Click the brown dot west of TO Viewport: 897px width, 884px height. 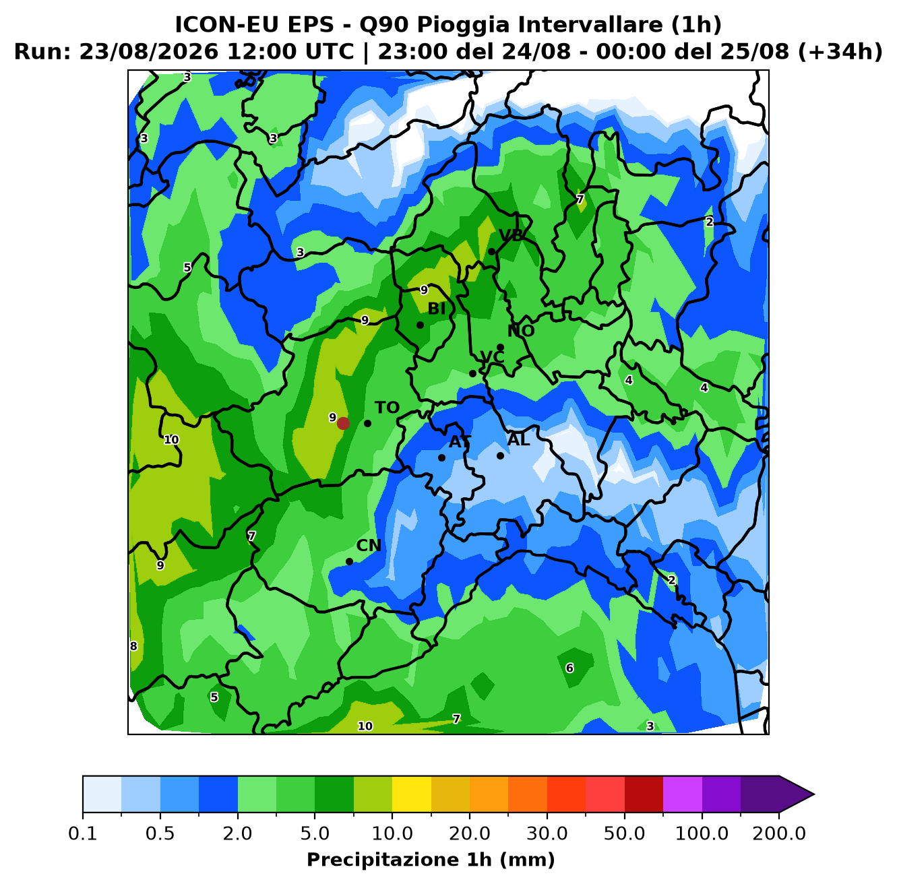pos(343,423)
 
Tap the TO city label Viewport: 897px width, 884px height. pos(387,408)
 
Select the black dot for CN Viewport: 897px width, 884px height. pos(349,561)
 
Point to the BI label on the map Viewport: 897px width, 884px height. pos(436,309)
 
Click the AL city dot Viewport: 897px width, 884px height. pos(500,455)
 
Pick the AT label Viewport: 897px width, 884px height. pos(460,442)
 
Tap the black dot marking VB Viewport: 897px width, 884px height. pos(491,251)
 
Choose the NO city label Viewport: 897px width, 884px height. pos(521,331)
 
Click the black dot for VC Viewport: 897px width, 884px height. pos(472,373)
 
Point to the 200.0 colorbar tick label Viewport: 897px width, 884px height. pos(779,833)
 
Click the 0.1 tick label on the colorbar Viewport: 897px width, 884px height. pos(83,833)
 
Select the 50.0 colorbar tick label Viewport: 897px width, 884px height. pos(624,833)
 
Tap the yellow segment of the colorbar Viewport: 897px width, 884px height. pos(412,794)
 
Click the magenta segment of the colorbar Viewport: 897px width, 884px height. pos(683,794)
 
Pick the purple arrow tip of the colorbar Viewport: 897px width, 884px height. pos(814,794)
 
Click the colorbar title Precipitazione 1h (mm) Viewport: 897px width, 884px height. pos(431,860)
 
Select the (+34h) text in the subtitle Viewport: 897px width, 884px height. pos(840,52)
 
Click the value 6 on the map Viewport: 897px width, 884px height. pos(569,668)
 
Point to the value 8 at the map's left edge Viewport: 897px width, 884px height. pos(133,645)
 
